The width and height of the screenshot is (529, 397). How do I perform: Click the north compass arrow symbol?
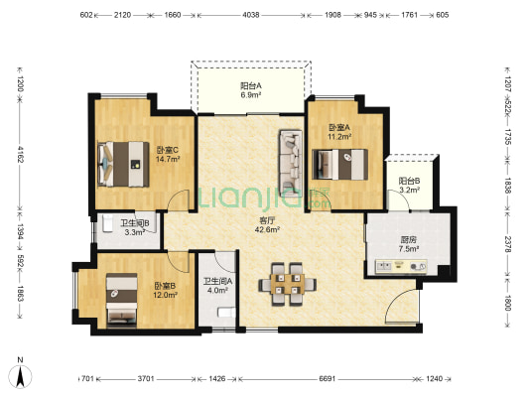point(20,376)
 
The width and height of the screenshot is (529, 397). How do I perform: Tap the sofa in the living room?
point(290,164)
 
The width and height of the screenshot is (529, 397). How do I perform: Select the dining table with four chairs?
point(288,284)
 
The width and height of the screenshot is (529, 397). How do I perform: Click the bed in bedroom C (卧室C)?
point(123,164)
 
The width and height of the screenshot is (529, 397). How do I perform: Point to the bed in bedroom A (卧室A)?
point(339,165)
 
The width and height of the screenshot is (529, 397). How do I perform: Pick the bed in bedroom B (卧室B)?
point(122,300)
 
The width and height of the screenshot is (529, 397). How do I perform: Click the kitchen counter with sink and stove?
point(401,266)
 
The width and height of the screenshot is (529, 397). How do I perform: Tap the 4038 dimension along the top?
point(251,15)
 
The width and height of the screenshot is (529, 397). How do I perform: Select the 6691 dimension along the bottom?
point(327,379)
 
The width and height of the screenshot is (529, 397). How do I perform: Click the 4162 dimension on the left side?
point(20,155)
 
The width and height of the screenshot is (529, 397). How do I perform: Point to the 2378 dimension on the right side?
point(508,243)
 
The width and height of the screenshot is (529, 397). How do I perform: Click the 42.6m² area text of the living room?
point(267,229)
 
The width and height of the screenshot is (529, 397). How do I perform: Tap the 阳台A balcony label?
point(251,85)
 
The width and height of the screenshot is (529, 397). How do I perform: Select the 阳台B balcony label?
point(409,181)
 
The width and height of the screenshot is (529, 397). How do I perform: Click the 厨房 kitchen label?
point(409,240)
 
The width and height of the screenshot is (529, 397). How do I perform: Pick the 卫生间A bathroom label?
point(217,281)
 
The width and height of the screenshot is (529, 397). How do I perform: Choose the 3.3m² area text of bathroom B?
point(135,231)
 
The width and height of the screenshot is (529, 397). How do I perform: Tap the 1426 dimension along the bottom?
point(217,379)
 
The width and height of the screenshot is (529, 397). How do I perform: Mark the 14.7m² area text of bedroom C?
point(168,159)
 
